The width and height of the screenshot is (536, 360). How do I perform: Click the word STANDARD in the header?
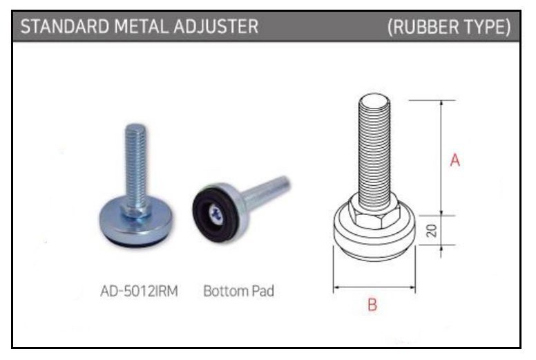[x=65, y=26]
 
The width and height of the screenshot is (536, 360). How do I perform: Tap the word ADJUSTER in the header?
[x=216, y=26]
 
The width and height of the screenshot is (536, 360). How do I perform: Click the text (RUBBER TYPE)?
[x=449, y=27]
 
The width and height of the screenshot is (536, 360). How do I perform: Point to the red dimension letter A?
[x=455, y=160]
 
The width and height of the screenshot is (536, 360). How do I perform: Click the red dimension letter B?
[x=372, y=305]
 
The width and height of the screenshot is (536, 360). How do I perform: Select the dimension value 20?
[x=432, y=230]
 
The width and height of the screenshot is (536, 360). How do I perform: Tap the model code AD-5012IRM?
[x=139, y=292]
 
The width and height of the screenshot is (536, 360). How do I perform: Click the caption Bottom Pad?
[x=238, y=292]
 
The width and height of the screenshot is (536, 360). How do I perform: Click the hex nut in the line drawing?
[x=374, y=214]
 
